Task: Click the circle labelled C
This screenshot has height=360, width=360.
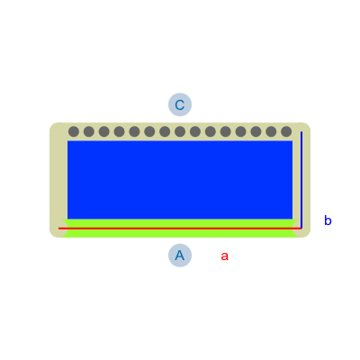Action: pyautogui.click(x=180, y=104)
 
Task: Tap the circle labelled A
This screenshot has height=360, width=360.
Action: pyautogui.click(x=180, y=256)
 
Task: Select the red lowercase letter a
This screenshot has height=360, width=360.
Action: pyautogui.click(x=225, y=256)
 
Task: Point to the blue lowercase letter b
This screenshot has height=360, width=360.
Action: pyautogui.click(x=328, y=220)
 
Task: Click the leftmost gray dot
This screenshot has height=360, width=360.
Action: pyautogui.click(x=74, y=131)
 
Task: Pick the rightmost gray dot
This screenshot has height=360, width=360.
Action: pyautogui.click(x=286, y=131)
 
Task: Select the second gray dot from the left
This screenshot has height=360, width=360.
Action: pyautogui.click(x=89, y=131)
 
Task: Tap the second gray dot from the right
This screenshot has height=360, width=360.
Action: pyautogui.click(x=271, y=131)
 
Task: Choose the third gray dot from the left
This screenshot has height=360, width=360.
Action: pyautogui.click(x=104, y=131)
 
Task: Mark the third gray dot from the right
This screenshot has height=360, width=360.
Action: pyautogui.click(x=256, y=131)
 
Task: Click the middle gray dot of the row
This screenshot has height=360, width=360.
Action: pyautogui.click(x=180, y=131)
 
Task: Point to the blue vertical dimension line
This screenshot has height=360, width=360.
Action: pyautogui.click(x=301, y=180)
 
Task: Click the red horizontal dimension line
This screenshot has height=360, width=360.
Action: pyautogui.click(x=180, y=229)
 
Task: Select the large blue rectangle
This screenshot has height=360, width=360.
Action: pyautogui.click(x=180, y=180)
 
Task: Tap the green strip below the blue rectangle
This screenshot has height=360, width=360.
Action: pyautogui.click(x=180, y=228)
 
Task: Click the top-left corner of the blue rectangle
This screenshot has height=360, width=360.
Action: pyautogui.click(x=67, y=140)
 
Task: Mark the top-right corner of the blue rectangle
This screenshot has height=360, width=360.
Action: pyautogui.click(x=292, y=140)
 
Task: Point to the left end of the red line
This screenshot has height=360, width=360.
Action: pyautogui.click(x=58, y=229)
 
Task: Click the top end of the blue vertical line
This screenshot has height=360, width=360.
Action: pyautogui.click(x=301, y=131)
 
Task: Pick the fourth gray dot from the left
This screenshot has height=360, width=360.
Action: pyautogui.click(x=119, y=131)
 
